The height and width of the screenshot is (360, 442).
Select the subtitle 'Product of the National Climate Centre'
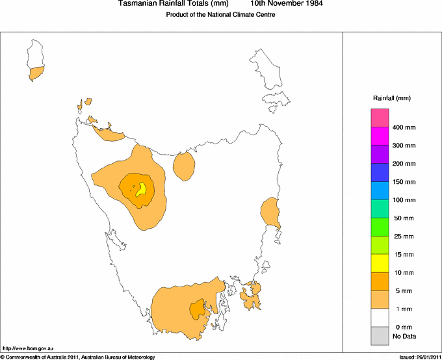coord(221,14)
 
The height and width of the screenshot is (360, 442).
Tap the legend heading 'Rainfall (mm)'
coord(391,98)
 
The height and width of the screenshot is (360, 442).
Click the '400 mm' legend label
coord(404,127)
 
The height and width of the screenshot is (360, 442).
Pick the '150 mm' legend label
coord(404,182)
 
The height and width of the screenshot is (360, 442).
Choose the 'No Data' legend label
coord(404,336)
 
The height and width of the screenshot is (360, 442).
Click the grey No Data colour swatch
coord(380,335)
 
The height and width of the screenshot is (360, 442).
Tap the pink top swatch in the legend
coord(380,118)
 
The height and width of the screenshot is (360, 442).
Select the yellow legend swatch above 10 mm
coord(380,263)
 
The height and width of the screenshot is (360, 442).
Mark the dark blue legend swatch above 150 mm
coord(380,172)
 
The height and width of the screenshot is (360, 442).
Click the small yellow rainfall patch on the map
coord(140,189)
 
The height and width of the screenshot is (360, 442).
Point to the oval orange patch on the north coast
coord(185,166)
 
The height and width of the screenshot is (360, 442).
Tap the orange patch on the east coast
coord(270,212)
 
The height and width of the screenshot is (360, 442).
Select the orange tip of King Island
coord(36,73)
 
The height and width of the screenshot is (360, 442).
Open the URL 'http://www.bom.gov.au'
coord(28,349)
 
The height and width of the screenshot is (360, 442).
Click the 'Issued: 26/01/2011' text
coord(419,357)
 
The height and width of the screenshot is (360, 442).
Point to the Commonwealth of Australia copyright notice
coord(78,357)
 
